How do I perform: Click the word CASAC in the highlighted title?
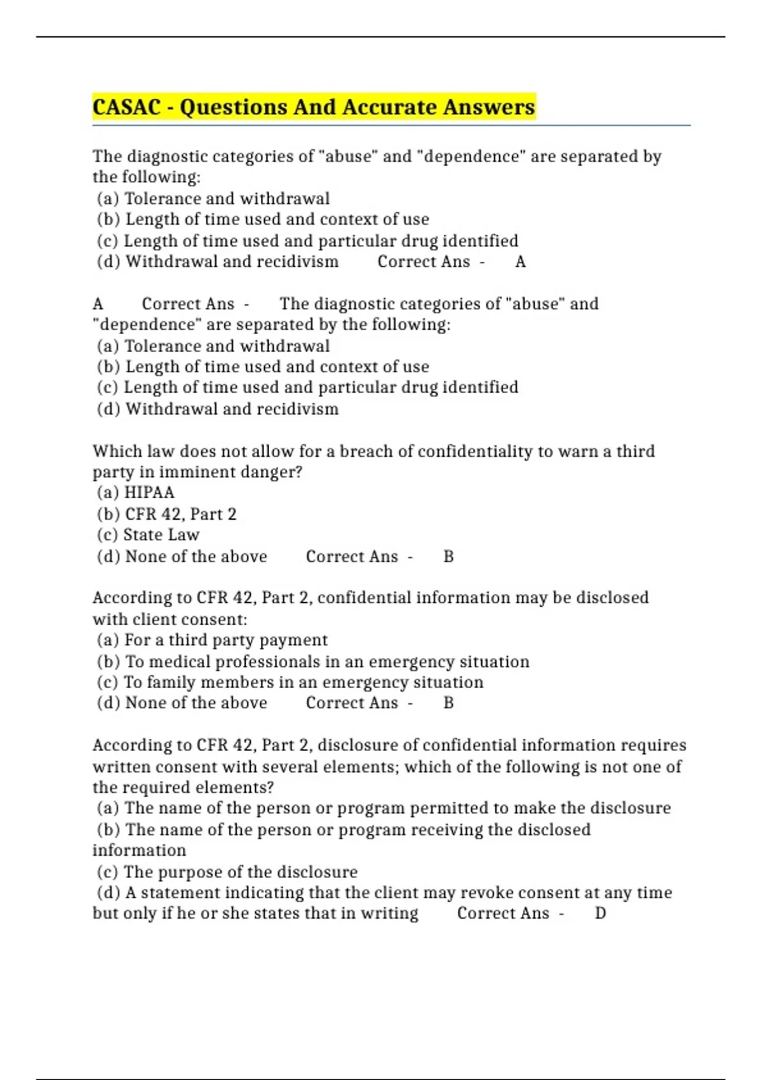coord(126,107)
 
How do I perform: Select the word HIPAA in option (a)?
coord(149,492)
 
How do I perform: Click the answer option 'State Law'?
coord(161,535)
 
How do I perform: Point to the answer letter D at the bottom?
coord(600,914)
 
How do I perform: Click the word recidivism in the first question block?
coord(297,262)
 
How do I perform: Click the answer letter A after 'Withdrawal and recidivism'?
coord(520,262)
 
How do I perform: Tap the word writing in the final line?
coord(389,914)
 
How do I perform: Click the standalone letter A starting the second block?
coord(98,304)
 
